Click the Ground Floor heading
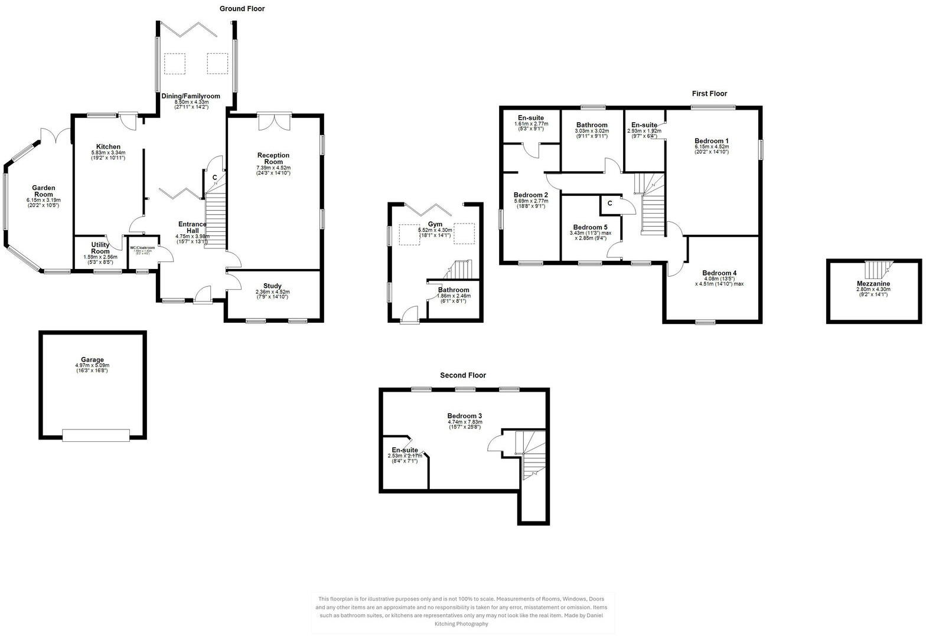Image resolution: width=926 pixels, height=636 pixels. (242, 9)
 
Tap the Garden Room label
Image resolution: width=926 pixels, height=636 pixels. (43, 191)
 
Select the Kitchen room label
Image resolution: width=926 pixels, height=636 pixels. (108, 147)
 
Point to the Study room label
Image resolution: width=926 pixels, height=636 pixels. (272, 286)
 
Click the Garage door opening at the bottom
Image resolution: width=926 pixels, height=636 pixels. (96, 435)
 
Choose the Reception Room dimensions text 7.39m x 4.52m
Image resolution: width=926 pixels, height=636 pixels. (273, 168)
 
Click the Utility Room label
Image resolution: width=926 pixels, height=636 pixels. (100, 248)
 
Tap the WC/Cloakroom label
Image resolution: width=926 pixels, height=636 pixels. (142, 248)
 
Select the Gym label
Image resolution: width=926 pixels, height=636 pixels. (435, 225)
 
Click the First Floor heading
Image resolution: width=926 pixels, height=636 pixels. (709, 94)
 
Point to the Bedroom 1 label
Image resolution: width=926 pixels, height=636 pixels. (711, 141)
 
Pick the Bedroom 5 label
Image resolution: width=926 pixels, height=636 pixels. (589, 227)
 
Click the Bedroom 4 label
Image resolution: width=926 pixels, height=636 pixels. (719, 273)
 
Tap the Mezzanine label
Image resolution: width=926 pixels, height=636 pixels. (873, 284)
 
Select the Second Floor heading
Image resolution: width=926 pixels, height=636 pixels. (462, 375)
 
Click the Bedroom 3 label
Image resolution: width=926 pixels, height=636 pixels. (465, 416)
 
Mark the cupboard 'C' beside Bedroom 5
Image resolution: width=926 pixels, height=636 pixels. (609, 204)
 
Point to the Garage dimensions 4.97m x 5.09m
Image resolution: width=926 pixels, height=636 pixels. (92, 366)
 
